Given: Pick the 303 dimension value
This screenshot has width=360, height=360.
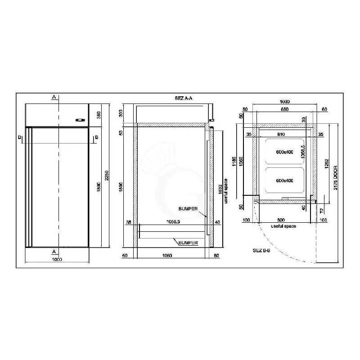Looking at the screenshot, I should click(121, 113).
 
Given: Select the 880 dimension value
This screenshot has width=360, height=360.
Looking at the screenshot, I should click(284, 109).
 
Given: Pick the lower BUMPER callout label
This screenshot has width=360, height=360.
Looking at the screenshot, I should click(189, 243).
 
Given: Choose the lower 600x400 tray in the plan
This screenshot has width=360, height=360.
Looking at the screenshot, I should click(284, 180).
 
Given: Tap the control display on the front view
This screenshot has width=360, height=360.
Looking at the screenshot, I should click(80, 120).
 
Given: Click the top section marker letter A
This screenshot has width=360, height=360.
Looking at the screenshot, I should click(54, 97).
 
